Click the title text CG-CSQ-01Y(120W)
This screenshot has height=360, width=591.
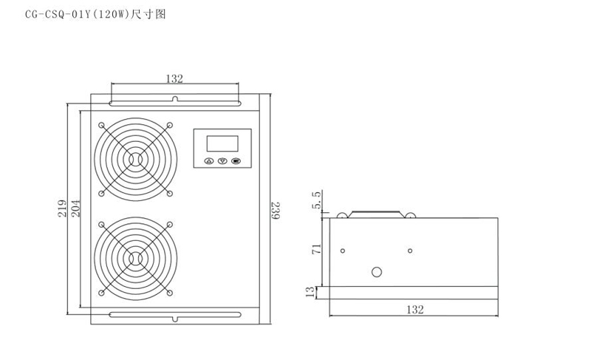point(78,15)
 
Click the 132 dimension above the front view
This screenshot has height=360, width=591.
point(174,79)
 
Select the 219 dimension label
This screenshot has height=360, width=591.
point(63,208)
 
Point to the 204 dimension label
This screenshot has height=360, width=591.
point(76,208)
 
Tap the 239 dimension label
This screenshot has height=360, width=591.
point(276,211)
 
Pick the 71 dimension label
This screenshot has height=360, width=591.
point(317,249)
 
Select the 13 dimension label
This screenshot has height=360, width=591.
point(310,292)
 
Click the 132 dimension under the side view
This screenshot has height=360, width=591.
point(415,310)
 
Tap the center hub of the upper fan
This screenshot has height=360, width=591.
point(136,160)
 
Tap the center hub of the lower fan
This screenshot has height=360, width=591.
point(136,259)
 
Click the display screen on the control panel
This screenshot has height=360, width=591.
point(222,143)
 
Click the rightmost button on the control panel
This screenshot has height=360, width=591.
point(236,161)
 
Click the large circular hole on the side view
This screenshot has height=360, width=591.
point(377,272)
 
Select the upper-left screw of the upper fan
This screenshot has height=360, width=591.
point(101,125)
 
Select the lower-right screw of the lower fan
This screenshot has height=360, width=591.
point(170,293)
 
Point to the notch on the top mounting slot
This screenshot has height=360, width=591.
point(175,99)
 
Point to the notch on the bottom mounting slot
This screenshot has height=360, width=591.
point(175,319)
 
